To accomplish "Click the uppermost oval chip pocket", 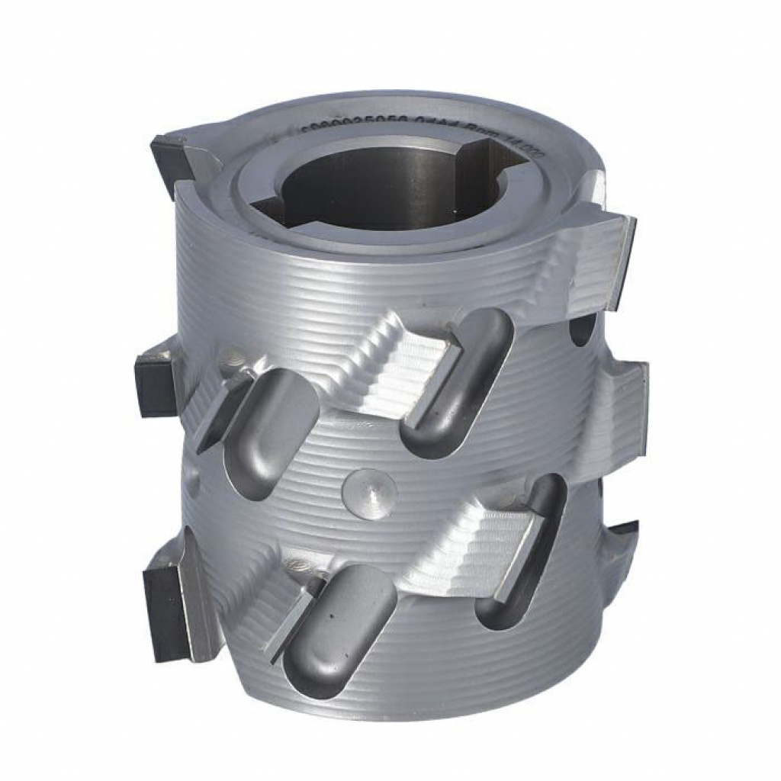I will pyautogui.click(x=458, y=381).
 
